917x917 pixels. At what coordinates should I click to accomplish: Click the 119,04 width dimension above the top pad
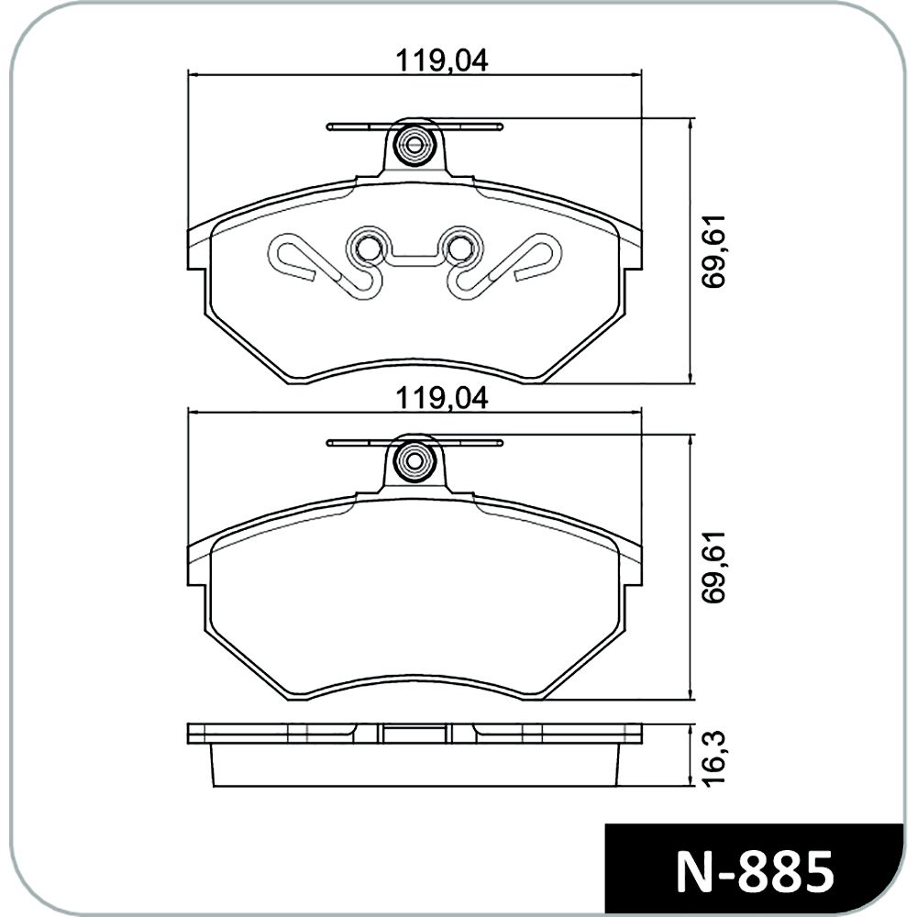442,61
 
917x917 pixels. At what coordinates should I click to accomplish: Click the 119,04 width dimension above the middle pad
442,399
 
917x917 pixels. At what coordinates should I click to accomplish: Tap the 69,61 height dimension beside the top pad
714,250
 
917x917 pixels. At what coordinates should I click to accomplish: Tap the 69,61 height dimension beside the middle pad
714,568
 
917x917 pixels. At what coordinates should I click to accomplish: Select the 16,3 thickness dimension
714,758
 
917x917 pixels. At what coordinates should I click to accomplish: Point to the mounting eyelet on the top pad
414,144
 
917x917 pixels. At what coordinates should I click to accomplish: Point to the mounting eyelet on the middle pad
414,459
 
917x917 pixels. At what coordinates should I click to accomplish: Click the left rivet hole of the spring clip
368,249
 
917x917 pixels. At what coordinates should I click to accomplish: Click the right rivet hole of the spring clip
460,249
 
